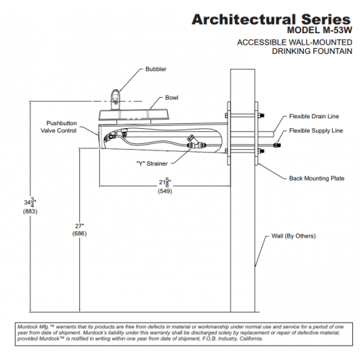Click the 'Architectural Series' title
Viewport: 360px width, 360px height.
click(271, 19)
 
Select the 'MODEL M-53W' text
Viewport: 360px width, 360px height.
click(320, 30)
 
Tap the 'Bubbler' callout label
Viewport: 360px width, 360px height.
click(156, 69)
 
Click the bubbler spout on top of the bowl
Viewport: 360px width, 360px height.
click(116, 99)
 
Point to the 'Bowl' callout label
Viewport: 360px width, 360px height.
click(171, 98)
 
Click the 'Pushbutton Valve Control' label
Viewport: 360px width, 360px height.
click(59, 127)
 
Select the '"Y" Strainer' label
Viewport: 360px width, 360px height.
click(152, 163)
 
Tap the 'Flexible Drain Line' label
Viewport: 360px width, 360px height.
click(314, 117)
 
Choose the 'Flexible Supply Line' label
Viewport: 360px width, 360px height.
click(316, 130)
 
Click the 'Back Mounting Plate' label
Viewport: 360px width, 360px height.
click(317, 179)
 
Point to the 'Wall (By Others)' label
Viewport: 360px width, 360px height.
click(293, 236)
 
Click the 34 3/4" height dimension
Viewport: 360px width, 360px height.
click(30, 202)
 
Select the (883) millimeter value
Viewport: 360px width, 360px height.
click(30, 212)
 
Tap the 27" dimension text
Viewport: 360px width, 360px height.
click(79, 226)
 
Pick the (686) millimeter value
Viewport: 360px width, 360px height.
click(79, 233)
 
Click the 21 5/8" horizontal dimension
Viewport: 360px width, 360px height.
click(165, 183)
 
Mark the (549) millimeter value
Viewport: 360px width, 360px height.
click(165, 192)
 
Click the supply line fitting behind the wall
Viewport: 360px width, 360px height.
click(278, 145)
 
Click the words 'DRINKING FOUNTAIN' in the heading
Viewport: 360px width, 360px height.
click(312, 51)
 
